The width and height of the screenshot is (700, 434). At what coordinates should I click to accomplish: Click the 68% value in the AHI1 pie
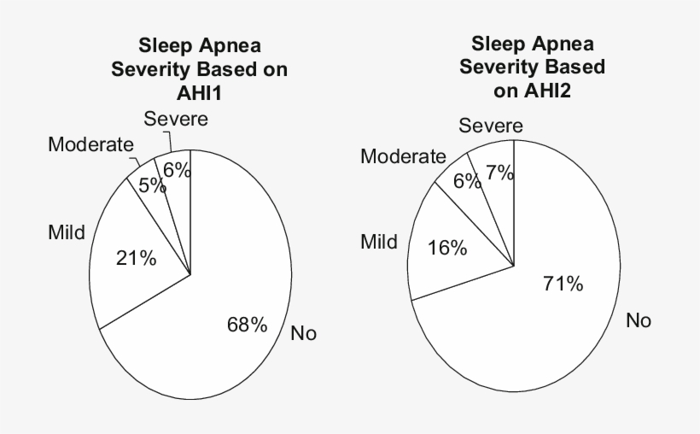tap(247, 324)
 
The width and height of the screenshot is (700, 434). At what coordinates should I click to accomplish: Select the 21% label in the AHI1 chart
tap(136, 258)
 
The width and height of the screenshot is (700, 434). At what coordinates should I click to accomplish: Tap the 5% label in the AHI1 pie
tap(153, 185)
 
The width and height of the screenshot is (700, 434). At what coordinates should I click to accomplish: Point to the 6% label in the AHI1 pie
tap(177, 170)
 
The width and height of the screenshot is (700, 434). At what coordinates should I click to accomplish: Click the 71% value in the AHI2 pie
tap(563, 284)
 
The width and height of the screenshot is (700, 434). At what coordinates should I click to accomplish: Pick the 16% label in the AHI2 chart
tap(448, 248)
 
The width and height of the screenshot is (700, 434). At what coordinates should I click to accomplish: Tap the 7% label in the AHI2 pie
tap(499, 173)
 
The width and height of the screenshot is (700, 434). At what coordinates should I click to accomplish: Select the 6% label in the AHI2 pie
tap(468, 182)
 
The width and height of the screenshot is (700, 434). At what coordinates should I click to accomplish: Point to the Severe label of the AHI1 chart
tap(176, 119)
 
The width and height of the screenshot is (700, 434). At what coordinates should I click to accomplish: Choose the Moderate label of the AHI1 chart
tap(91, 144)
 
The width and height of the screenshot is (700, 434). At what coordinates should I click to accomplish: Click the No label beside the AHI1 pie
tap(303, 333)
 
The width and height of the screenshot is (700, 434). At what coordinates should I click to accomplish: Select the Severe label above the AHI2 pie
tap(491, 126)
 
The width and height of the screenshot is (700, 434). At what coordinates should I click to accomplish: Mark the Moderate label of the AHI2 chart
tap(403, 156)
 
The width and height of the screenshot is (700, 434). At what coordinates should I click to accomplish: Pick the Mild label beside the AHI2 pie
tap(379, 242)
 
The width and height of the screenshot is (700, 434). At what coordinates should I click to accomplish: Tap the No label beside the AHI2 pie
tap(639, 320)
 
